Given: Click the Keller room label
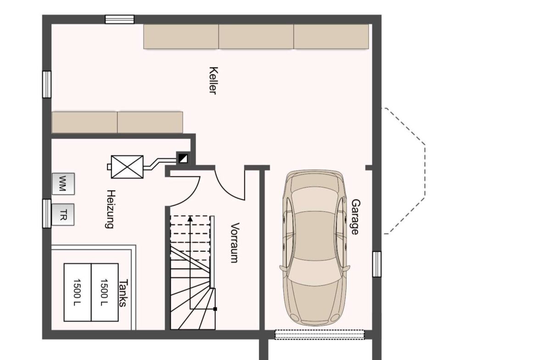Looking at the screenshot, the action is (x=213, y=80).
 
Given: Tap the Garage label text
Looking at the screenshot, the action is (x=356, y=217).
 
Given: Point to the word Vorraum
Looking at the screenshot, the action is (x=235, y=243).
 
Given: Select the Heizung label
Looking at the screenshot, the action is (x=110, y=209).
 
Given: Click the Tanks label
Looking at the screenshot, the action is (x=123, y=293).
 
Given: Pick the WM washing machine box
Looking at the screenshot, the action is (x=63, y=184).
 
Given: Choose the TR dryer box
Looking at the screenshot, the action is (x=63, y=215).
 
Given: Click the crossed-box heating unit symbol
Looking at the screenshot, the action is (x=127, y=167).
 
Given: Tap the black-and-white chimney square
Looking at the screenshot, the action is (x=183, y=158).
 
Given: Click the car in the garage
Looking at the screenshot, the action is (x=314, y=248).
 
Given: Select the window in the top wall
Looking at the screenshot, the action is (x=119, y=19).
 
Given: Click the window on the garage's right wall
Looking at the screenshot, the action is (x=377, y=264).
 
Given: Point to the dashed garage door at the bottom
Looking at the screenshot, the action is (x=319, y=335).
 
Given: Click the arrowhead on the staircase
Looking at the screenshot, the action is (x=190, y=218).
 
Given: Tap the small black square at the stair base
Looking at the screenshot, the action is (x=215, y=309).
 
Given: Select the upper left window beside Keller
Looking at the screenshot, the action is (x=47, y=84).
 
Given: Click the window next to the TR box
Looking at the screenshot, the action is (x=47, y=214).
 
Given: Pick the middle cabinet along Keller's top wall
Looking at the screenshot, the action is (x=256, y=36).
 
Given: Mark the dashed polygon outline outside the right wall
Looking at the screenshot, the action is (x=425, y=171).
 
